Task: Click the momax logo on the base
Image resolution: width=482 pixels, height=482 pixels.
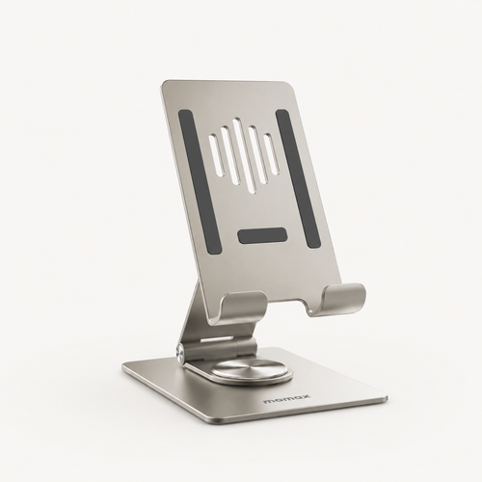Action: click(x=287, y=399)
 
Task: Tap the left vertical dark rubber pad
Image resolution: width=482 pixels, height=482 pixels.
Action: click(x=200, y=180)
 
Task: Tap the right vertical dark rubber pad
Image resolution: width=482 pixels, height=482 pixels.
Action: click(x=299, y=178)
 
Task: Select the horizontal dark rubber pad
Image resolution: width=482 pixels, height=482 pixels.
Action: click(x=262, y=235)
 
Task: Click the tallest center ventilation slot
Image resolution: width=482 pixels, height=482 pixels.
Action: click(x=246, y=155)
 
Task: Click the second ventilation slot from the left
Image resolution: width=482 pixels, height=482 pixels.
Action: click(x=230, y=155)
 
